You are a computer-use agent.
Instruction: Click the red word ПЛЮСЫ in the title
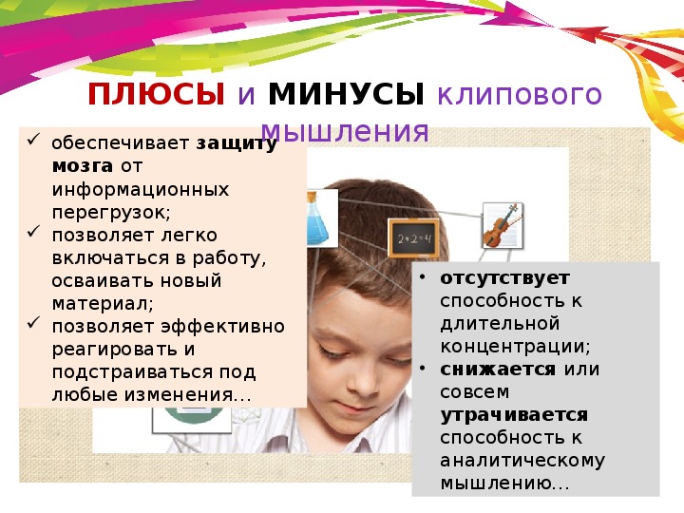156,94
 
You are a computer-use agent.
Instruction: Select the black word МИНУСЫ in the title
346,94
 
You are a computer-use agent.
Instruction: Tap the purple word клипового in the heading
520,95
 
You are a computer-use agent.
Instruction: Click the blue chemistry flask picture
321,218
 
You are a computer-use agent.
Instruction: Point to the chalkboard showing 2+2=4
412,238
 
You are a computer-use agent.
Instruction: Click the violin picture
503,225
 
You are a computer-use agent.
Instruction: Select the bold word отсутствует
504,277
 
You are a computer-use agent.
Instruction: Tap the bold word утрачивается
514,415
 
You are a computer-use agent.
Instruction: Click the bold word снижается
498,369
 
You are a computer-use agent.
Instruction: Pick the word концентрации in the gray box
515,347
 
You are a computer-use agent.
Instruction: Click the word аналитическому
522,461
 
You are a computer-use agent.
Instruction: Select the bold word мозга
83,165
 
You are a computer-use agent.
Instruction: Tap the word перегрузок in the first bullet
111,213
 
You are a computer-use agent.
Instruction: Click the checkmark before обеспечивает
33,140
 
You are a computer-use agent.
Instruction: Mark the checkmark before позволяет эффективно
33,322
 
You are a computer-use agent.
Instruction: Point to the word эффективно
223,326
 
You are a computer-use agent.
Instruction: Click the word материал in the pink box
103,304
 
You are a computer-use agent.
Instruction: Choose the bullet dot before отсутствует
422,277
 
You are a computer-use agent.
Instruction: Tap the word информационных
141,189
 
